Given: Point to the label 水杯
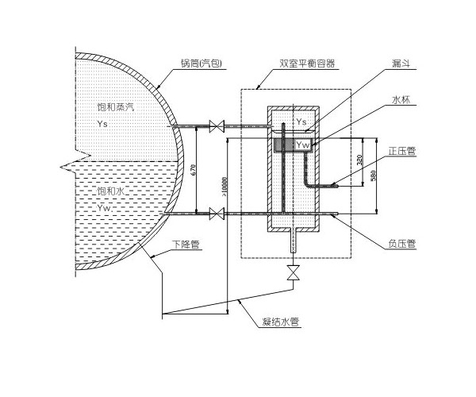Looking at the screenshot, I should pyautogui.click(x=401, y=101).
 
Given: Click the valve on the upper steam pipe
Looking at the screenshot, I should pyautogui.click(x=214, y=125).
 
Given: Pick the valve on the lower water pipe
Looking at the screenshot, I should pyautogui.click(x=214, y=213).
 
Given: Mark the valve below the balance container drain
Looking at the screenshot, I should pyautogui.click(x=294, y=272).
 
